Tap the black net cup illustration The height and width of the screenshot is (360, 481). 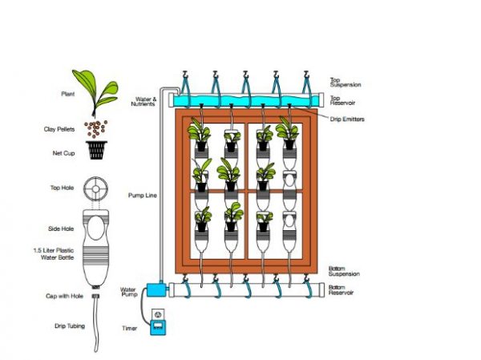coord(99,150)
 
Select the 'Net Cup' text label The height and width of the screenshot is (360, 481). coord(63,151)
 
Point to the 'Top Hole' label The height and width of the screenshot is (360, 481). coord(62,188)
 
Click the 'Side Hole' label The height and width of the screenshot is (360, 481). coord(62,229)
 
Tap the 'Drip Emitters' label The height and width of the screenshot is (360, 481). coord(347,118)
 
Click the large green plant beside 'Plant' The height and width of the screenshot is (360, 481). coord(95,89)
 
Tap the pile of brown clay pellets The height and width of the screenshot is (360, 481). coord(97,129)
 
